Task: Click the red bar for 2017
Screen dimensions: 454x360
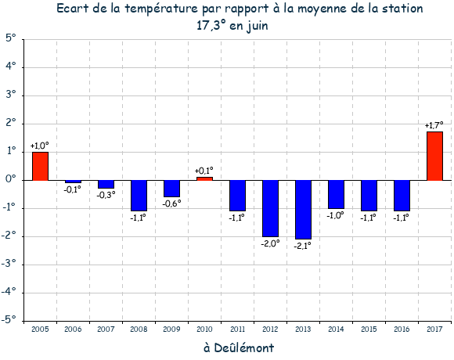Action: click(x=434, y=157)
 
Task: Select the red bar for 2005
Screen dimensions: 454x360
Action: click(x=40, y=167)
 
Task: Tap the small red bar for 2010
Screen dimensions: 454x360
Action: click(x=204, y=179)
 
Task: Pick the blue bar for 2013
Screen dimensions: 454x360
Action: click(x=303, y=210)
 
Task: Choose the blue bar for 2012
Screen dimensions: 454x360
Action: click(x=270, y=208)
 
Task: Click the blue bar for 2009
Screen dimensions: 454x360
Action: click(x=171, y=189)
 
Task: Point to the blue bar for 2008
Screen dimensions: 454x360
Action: click(x=139, y=196)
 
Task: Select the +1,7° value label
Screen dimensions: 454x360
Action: click(x=434, y=125)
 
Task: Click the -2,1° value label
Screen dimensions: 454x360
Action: click(x=303, y=246)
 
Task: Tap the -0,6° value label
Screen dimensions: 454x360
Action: click(x=171, y=203)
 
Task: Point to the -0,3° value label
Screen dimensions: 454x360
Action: click(x=106, y=195)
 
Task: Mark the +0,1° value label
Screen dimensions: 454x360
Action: click(x=204, y=171)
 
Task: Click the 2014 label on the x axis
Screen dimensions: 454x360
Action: click(x=336, y=329)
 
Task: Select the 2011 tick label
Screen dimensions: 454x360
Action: click(x=237, y=329)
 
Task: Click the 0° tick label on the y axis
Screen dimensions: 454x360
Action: click(x=11, y=179)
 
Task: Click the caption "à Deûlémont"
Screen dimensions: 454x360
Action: click(x=239, y=347)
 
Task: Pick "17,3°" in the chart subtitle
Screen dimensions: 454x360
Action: click(x=211, y=25)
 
